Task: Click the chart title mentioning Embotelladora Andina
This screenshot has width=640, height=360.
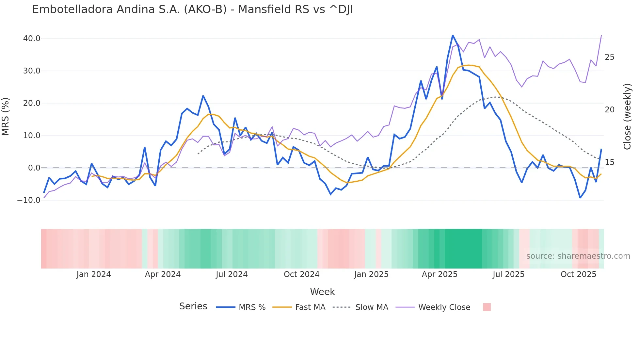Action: tap(192, 9)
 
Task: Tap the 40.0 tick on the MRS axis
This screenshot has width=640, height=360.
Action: tap(32, 39)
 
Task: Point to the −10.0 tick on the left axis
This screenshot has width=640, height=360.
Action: tap(29, 200)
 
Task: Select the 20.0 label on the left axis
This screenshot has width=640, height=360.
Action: tap(32, 103)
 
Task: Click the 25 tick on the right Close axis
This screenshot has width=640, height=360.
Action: tap(609, 57)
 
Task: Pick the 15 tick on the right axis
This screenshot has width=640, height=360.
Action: tap(609, 162)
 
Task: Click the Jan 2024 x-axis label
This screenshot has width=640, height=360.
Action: tap(94, 274)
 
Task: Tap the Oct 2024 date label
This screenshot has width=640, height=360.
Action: tap(301, 274)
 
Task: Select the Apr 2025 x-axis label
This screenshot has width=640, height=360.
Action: tap(440, 274)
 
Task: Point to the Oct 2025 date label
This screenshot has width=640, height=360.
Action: tap(578, 274)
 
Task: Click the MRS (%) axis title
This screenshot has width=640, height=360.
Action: tap(6, 117)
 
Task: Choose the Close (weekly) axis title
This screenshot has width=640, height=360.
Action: tap(627, 117)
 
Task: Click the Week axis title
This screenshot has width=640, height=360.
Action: tap(322, 292)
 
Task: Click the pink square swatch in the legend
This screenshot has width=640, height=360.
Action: tap(487, 307)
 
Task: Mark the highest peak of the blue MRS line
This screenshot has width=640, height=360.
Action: tap(453, 35)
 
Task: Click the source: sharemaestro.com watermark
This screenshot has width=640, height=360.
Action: tap(578, 256)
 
